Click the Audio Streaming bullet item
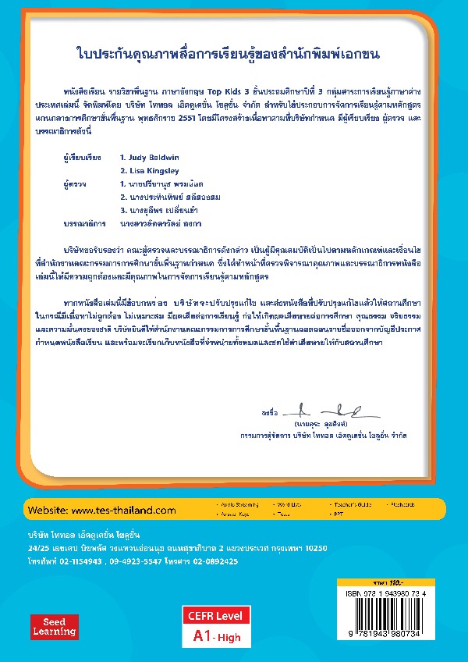(242, 505)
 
